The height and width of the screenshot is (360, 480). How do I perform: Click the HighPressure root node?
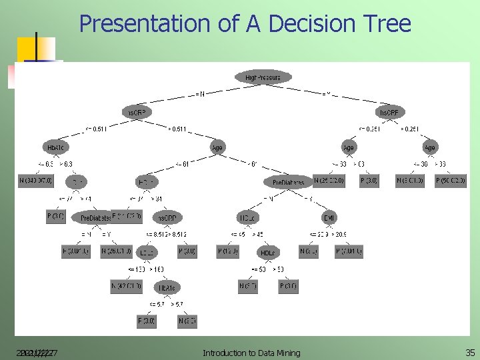(x=263, y=77)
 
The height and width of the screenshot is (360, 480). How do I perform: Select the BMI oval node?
(x=329, y=217)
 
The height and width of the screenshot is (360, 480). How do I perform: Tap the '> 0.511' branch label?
(x=177, y=129)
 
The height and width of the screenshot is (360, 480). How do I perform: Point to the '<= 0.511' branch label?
(x=95, y=129)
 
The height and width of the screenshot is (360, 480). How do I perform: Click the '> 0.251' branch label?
(x=409, y=129)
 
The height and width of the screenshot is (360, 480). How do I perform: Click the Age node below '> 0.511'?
(x=217, y=147)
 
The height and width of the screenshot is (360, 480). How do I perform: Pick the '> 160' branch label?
(x=157, y=269)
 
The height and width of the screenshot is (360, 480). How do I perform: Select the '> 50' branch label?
(x=280, y=269)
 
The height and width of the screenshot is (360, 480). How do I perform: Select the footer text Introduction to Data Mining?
(x=251, y=353)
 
